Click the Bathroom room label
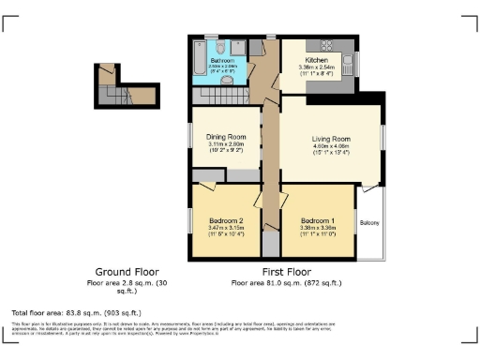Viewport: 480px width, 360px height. [223, 60]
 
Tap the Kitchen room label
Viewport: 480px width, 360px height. [316, 60]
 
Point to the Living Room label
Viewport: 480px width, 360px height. [330, 139]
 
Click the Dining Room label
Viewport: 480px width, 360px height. [225, 137]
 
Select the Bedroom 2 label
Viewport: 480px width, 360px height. [225, 220]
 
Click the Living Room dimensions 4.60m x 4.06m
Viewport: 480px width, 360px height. [330, 146]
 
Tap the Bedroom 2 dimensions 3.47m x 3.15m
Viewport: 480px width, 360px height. [225, 228]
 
